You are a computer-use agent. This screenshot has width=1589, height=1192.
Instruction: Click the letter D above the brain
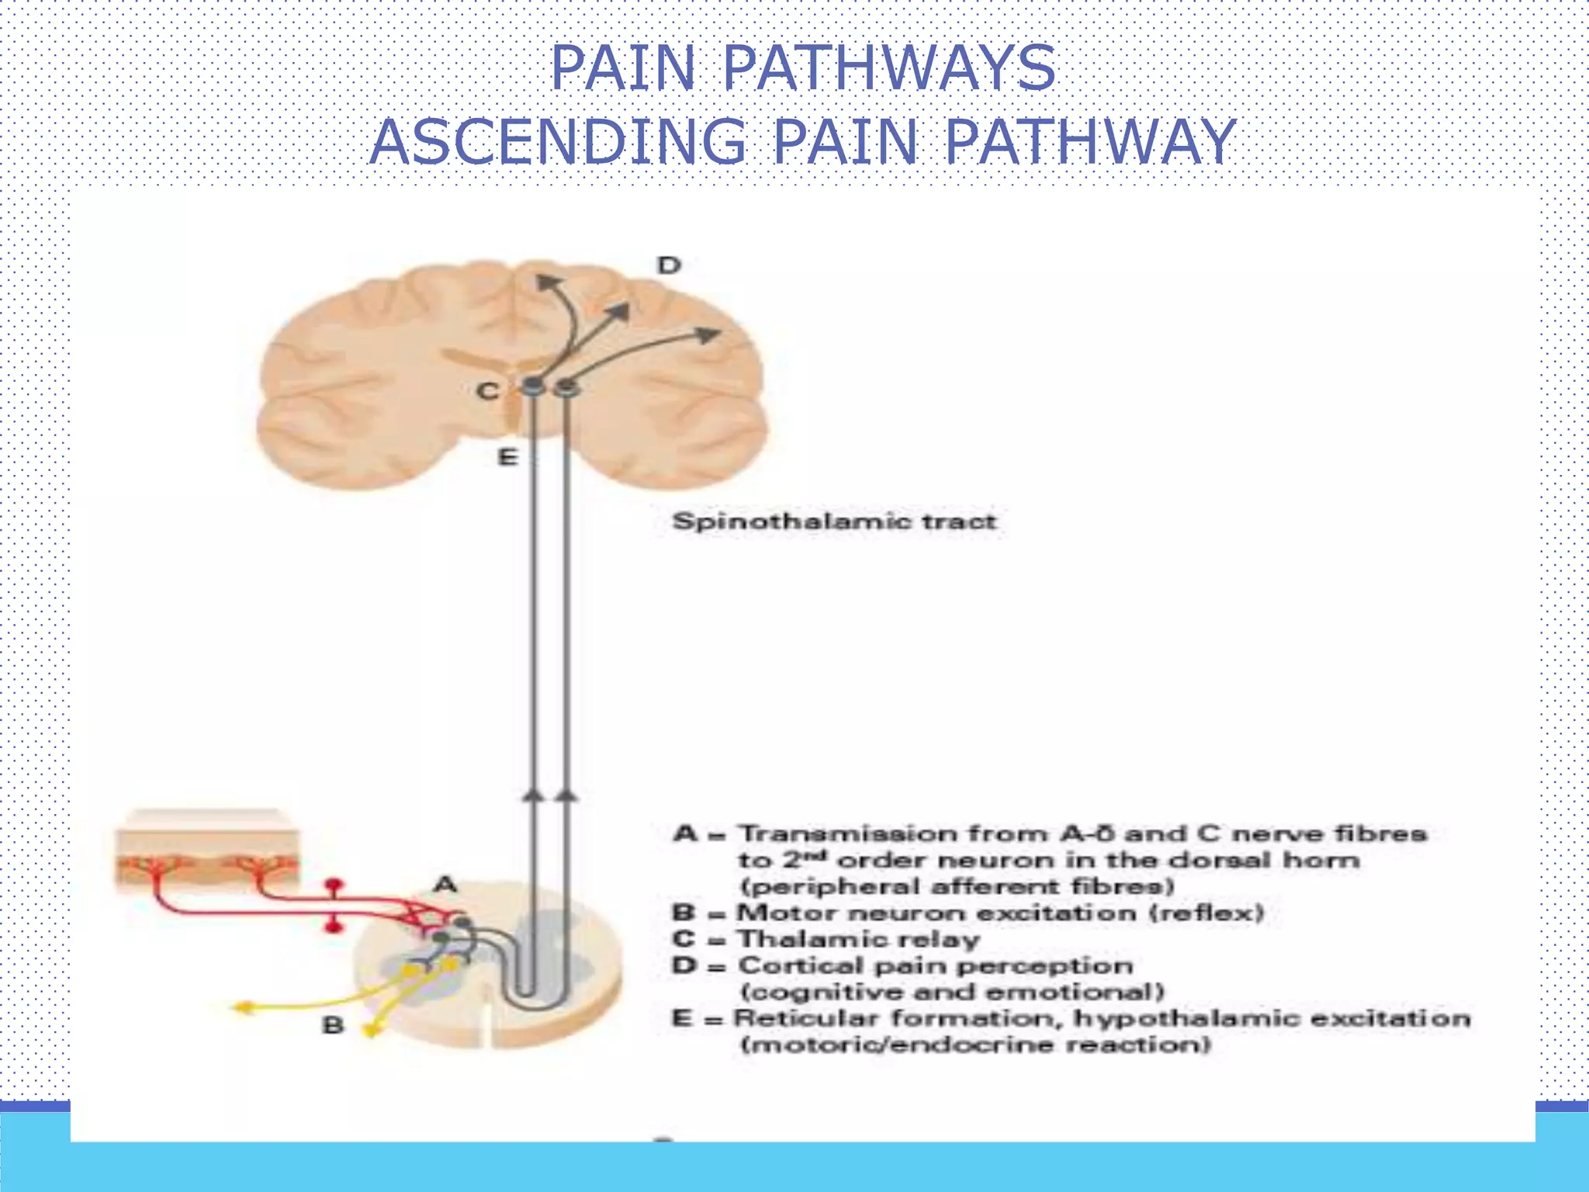pos(669,265)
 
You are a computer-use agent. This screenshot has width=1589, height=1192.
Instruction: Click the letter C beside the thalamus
pos(487,391)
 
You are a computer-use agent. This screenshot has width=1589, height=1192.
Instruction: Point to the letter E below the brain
pos(507,458)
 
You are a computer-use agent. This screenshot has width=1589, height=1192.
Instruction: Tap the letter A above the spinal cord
pos(445,884)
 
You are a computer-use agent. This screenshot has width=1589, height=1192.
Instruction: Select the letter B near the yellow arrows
pos(333,1025)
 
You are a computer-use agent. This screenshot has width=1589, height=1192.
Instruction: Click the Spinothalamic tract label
pos(834,521)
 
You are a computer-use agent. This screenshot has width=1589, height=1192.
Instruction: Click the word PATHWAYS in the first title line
pos(889,68)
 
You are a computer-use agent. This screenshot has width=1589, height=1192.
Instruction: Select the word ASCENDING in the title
pos(557,142)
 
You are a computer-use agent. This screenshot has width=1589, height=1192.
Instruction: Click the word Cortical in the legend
pos(801,965)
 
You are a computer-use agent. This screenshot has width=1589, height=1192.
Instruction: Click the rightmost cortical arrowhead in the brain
pos(708,334)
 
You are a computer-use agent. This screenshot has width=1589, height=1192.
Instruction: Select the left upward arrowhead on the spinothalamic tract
pos(531,794)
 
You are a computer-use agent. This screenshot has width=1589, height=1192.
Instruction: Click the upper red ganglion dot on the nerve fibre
pos(334,885)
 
